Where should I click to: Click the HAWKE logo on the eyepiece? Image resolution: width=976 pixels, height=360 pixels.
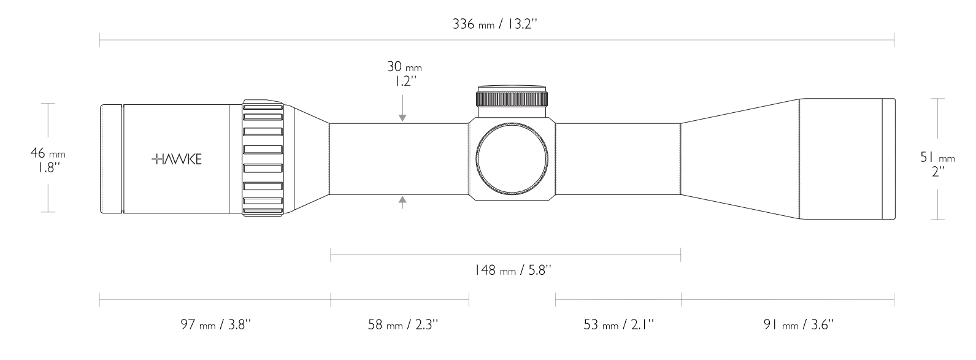click(x=177, y=159)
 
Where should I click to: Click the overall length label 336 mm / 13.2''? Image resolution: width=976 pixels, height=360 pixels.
click(x=496, y=25)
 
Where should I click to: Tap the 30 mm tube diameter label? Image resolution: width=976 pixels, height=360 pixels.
click(x=404, y=66)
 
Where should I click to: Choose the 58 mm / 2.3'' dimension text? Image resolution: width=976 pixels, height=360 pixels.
click(x=403, y=324)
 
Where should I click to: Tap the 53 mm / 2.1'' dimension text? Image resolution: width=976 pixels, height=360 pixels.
click(x=619, y=324)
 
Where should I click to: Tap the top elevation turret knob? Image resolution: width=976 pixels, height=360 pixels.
click(x=512, y=96)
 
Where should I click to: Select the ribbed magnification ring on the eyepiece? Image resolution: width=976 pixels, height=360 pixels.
click(x=263, y=158)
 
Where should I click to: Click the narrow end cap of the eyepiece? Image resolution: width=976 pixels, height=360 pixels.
click(x=110, y=159)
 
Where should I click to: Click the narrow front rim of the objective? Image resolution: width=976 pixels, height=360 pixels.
click(x=888, y=158)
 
